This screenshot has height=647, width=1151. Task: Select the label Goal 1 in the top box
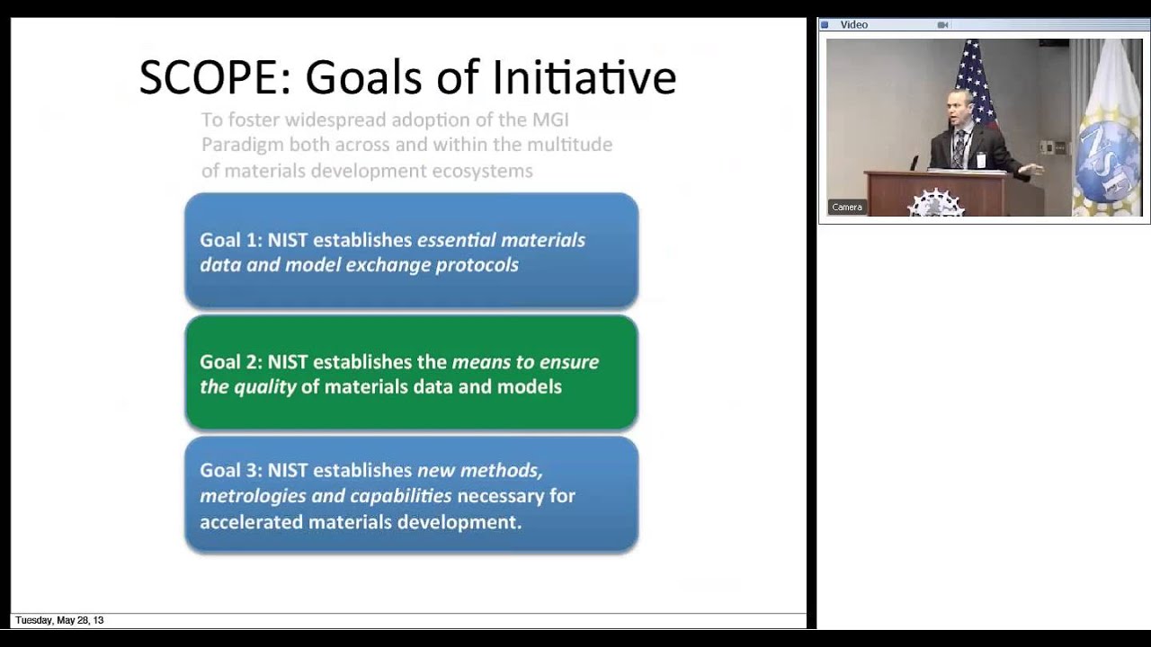pos(229,240)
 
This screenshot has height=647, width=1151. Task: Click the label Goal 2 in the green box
pos(229,362)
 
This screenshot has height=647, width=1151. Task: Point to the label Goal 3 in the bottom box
pos(229,470)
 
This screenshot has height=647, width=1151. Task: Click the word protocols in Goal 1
pos(477,266)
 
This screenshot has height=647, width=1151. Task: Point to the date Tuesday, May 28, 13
pos(59,621)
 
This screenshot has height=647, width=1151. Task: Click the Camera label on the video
pos(847,208)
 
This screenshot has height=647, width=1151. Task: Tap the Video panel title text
pos(854,25)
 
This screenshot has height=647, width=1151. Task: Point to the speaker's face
pos(959,108)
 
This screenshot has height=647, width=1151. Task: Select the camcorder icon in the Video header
pos(942,25)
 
